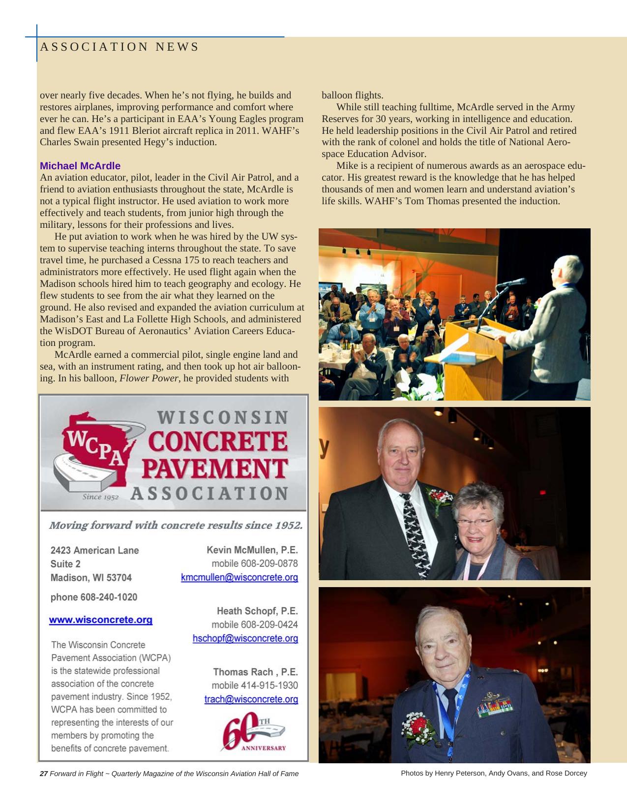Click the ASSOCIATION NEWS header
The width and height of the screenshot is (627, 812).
pyautogui.click(x=119, y=47)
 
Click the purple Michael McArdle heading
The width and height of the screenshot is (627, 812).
pyautogui.click(x=80, y=166)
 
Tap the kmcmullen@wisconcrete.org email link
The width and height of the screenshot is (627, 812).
pyautogui.click(x=239, y=577)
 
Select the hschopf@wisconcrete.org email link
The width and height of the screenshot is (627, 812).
pyautogui.click(x=245, y=638)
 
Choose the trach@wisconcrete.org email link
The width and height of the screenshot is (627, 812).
pyautogui.click(x=251, y=699)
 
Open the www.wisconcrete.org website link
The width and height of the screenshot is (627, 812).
pyautogui.click(x=100, y=620)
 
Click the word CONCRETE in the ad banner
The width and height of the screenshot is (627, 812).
pyautogui.click(x=217, y=441)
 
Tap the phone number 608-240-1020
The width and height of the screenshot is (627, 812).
pyautogui.click(x=108, y=597)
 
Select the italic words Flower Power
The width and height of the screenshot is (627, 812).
pyautogui.click(x=149, y=378)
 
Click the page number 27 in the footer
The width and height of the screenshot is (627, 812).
pyautogui.click(x=43, y=774)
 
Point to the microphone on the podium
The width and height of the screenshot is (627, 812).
pyautogui.click(x=511, y=282)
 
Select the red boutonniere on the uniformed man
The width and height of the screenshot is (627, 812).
pyautogui.click(x=418, y=726)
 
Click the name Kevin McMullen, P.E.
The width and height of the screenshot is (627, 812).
pyautogui.click(x=252, y=550)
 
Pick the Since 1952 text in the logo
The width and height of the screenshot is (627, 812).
pyautogui.click(x=100, y=497)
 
